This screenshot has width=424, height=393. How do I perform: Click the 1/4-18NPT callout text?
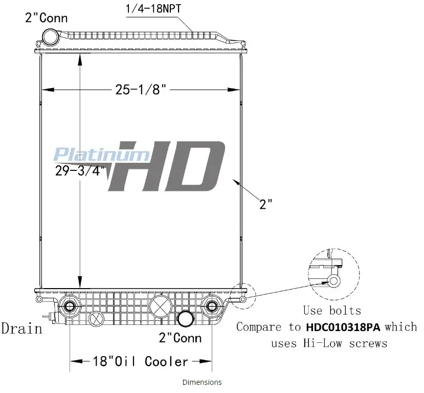(153, 9)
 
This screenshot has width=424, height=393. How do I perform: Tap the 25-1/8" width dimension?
(141, 89)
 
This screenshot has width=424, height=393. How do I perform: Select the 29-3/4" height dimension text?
(80, 171)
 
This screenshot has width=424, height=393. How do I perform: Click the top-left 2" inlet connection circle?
(51, 37)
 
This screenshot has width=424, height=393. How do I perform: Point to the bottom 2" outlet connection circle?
(186, 318)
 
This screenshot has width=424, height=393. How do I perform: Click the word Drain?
(22, 329)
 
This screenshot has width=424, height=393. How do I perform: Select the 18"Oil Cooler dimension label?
(140, 361)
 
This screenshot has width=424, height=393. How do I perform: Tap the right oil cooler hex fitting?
(212, 306)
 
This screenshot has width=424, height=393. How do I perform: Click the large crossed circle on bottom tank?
(161, 307)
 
